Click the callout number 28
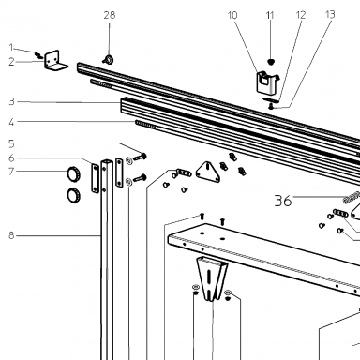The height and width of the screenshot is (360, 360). (110, 15)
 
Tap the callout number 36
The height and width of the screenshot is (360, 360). (283, 201)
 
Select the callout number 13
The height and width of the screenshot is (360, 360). (330, 14)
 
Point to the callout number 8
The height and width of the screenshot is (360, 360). (11, 122)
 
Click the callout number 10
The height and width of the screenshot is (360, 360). (232, 15)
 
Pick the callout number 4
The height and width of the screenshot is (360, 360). (11, 122)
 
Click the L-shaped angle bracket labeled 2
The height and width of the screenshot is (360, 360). (55, 61)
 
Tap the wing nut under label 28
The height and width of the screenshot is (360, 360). (108, 59)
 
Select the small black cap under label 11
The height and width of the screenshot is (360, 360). (271, 62)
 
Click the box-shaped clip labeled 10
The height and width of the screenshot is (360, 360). (267, 82)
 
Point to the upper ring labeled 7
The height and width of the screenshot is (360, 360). (74, 174)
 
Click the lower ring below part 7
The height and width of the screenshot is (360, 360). (74, 195)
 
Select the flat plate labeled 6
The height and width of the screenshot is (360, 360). (95, 178)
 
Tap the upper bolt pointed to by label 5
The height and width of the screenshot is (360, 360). (140, 157)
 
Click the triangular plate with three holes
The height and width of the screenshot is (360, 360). (208, 172)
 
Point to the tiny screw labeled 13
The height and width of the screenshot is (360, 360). (271, 107)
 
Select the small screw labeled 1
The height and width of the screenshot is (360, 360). (39, 55)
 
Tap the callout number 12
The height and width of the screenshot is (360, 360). (300, 15)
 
